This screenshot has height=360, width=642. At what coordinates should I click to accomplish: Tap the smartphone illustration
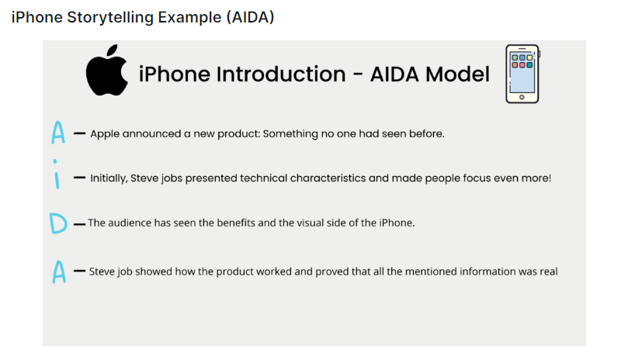pyautogui.click(x=522, y=74)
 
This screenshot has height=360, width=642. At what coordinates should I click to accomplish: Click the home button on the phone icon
pyautogui.click(x=522, y=97)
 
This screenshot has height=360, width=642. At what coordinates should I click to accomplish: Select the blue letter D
pyautogui.click(x=58, y=223)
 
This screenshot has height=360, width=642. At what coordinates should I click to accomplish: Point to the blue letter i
pyautogui.click(x=56, y=175)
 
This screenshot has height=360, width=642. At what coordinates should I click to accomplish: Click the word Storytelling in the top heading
pyautogui.click(x=110, y=17)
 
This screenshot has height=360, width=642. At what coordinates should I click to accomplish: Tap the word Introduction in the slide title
pyautogui.click(x=281, y=74)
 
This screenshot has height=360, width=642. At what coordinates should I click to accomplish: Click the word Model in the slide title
pyautogui.click(x=457, y=74)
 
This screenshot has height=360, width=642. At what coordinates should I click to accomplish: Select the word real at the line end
pyautogui.click(x=548, y=272)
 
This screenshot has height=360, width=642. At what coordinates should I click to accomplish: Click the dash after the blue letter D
pyautogui.click(x=79, y=224)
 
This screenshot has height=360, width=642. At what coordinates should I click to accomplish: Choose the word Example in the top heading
pyautogui.click(x=189, y=17)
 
